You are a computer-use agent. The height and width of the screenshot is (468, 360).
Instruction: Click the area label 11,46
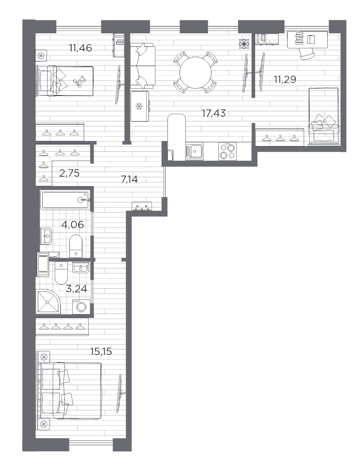point(81,48)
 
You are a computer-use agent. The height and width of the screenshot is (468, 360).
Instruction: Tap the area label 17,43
point(214,113)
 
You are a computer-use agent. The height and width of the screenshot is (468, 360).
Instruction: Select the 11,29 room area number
point(285,80)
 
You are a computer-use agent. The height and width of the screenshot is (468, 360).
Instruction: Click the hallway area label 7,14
point(129,179)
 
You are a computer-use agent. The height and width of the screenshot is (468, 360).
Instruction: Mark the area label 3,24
point(76,288)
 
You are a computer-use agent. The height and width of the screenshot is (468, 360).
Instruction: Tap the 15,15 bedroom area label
point(101,351)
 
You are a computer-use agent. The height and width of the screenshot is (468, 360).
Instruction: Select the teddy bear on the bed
point(80,82)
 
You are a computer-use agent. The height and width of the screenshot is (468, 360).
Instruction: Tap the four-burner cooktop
point(226,151)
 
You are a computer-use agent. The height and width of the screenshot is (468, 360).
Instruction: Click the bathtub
point(65,199)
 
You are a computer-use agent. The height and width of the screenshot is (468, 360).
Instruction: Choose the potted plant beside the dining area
point(244,44)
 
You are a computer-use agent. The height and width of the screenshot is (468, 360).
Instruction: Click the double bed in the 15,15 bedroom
point(71,390)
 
